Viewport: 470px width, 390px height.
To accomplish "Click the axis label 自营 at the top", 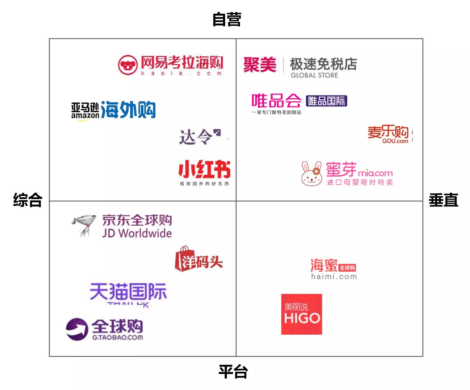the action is pyautogui.click(x=226, y=19).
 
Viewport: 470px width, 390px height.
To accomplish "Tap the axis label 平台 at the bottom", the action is pyautogui.click(x=233, y=371).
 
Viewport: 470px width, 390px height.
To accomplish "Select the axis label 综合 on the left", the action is pyautogui.click(x=28, y=200).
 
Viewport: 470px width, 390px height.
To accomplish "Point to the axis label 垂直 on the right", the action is pyautogui.click(x=443, y=200).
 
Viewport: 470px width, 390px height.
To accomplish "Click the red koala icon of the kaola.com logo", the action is pyautogui.click(x=128, y=65).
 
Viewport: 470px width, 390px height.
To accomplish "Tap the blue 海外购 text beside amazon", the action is pyautogui.click(x=128, y=110).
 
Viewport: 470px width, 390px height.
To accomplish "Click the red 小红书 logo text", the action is pyautogui.click(x=204, y=169).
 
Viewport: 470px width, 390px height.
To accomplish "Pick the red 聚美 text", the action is pyautogui.click(x=260, y=65).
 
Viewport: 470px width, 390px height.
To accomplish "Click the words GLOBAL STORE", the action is pyautogui.click(x=314, y=75).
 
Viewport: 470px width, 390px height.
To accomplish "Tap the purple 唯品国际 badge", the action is pyautogui.click(x=326, y=101).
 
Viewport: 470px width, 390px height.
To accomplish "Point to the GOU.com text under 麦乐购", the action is pyautogui.click(x=395, y=141).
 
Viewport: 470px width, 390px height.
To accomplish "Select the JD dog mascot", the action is pyautogui.click(x=82, y=225).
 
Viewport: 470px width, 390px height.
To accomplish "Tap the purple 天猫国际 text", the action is pyautogui.click(x=128, y=291).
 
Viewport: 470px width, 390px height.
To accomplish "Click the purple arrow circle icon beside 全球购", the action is pyautogui.click(x=77, y=329).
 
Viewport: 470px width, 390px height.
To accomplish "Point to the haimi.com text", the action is pyautogui.click(x=334, y=277).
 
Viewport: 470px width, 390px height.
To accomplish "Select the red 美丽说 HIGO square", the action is pyautogui.click(x=302, y=314).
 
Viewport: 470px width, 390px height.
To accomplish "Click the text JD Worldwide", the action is pyautogui.click(x=137, y=233).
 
